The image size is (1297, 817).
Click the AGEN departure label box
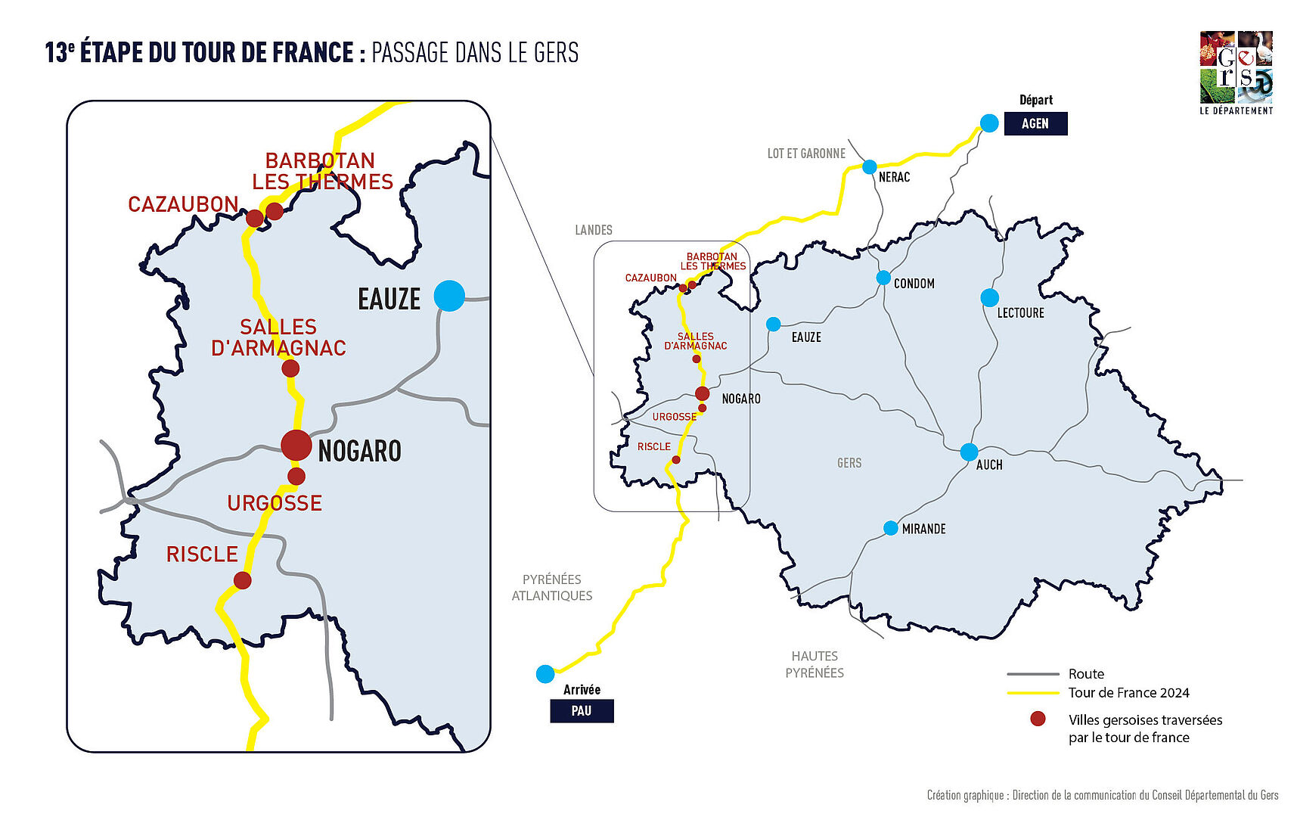click(1035, 123)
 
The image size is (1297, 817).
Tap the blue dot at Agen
click(989, 123)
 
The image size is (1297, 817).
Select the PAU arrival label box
click(581, 711)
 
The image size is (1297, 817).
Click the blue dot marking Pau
click(545, 673)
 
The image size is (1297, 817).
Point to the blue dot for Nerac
click(870, 166)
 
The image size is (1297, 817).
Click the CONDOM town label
click(914, 284)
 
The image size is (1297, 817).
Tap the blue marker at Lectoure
click(989, 297)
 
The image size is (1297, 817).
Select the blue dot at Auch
click(969, 452)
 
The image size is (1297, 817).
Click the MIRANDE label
click(923, 529)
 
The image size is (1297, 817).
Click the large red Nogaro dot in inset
click(296, 446)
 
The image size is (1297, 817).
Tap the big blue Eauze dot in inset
click(449, 295)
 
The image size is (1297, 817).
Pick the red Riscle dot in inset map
click(242, 580)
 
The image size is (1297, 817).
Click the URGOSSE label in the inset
click(275, 503)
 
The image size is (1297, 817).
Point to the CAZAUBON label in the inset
click(183, 204)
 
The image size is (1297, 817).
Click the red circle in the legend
click(1038, 719)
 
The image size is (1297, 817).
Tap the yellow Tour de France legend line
click(1032, 693)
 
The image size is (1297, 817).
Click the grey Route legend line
click(1032, 674)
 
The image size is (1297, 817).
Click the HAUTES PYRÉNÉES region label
click(815, 664)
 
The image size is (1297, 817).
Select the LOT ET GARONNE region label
click(806, 154)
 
